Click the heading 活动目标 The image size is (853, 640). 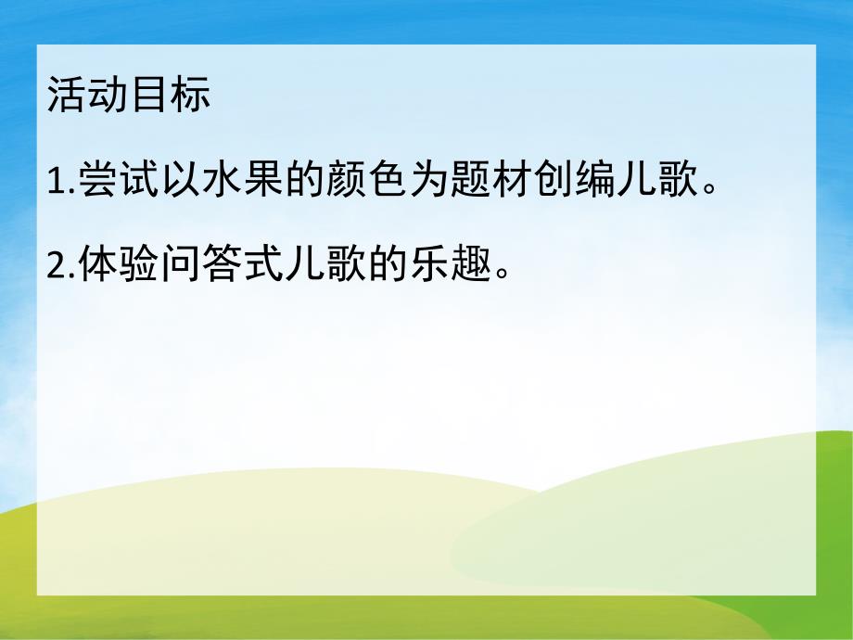pyautogui.click(x=129, y=96)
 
